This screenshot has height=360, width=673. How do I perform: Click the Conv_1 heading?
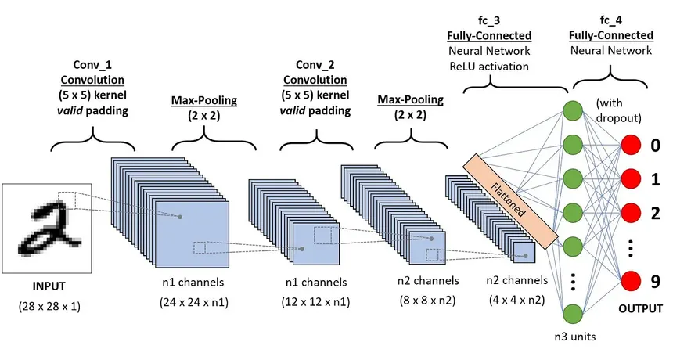click(94, 64)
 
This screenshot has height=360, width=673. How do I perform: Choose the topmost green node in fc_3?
click(574, 111)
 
